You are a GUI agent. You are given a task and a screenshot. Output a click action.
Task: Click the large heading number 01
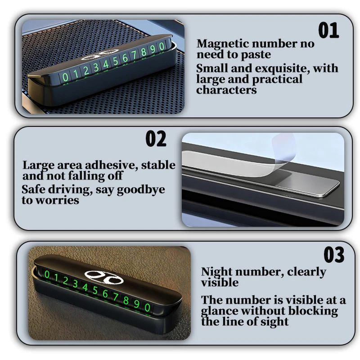tap(328, 30)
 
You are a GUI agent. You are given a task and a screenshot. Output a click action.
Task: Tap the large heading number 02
tap(156, 139)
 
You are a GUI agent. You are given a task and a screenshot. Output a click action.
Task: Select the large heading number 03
tap(334, 255)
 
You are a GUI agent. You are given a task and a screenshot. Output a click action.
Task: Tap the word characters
tap(226, 90)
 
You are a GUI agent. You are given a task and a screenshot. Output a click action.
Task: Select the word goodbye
tap(141, 190)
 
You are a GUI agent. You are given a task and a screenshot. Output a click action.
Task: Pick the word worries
tap(58, 200)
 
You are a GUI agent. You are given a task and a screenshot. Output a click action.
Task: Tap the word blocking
tap(313, 311)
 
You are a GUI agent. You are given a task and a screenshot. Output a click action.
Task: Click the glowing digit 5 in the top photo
tap(115, 61)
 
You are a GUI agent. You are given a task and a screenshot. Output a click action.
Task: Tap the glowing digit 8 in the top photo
tap(144, 52)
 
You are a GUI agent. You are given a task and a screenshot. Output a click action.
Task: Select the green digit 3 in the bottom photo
tap(75, 284)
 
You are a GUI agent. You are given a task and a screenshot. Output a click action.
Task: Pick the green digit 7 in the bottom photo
tap(115, 297)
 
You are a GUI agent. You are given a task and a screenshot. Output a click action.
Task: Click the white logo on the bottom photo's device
tap(104, 277)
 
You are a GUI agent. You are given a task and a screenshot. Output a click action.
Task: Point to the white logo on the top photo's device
tap(100, 55)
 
